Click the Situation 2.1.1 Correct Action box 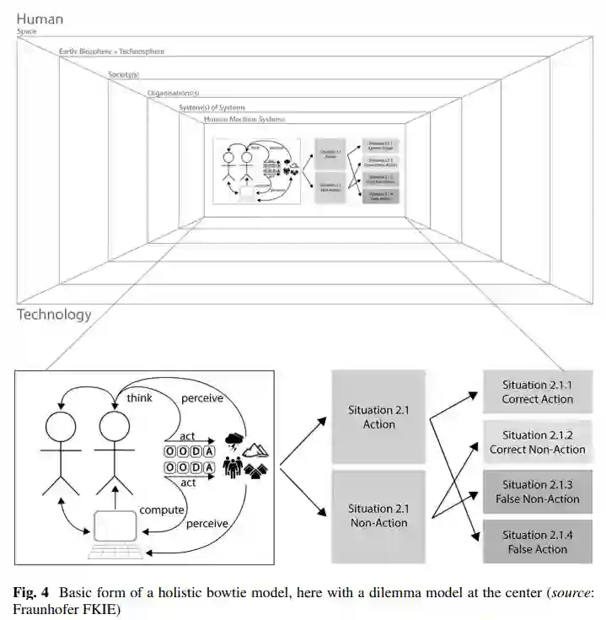point(536,391)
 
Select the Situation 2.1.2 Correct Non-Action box point(536,442)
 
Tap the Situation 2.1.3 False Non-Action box point(536,492)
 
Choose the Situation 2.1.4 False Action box point(536,542)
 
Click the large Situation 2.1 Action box point(378,417)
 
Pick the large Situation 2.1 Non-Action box point(378,515)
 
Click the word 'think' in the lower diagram point(139,397)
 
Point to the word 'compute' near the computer point(161,509)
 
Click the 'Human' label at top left point(39,19)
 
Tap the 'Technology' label point(53,315)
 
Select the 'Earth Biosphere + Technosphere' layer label point(111,51)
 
